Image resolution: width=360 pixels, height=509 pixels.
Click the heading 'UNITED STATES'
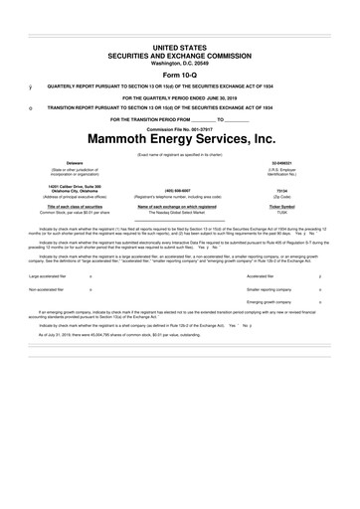(x=179, y=47)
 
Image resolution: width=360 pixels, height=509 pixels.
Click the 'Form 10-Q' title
(x=179, y=74)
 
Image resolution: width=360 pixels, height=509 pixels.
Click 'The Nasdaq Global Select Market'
(x=179, y=213)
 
